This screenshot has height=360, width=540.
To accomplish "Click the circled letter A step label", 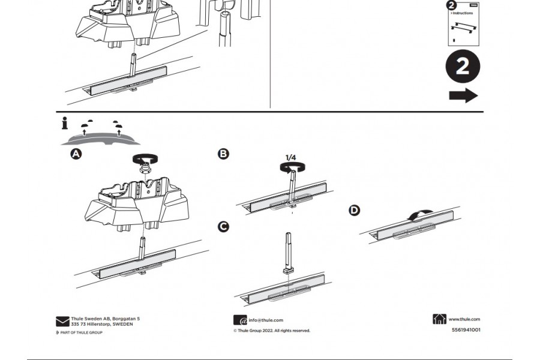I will (x=76, y=154).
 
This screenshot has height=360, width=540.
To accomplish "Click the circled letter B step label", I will (x=223, y=154).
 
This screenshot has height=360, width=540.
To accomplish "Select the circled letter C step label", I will (x=223, y=226).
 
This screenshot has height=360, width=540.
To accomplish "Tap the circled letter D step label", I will (x=355, y=210).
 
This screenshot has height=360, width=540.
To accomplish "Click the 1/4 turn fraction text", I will (x=290, y=158).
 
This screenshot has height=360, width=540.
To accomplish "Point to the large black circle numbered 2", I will (x=463, y=67).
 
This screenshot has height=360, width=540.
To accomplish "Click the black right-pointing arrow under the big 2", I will (x=463, y=95).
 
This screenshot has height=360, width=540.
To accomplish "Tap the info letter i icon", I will (x=65, y=124).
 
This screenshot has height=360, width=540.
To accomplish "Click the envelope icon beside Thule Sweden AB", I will (x=62, y=322).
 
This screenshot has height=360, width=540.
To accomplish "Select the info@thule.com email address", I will (x=266, y=320).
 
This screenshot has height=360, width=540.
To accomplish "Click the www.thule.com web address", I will (x=464, y=320).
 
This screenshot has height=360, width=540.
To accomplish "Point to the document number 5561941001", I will (x=466, y=329).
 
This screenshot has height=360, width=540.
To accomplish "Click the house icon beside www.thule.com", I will (x=439, y=319).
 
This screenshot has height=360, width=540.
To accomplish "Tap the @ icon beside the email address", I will (x=240, y=320).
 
